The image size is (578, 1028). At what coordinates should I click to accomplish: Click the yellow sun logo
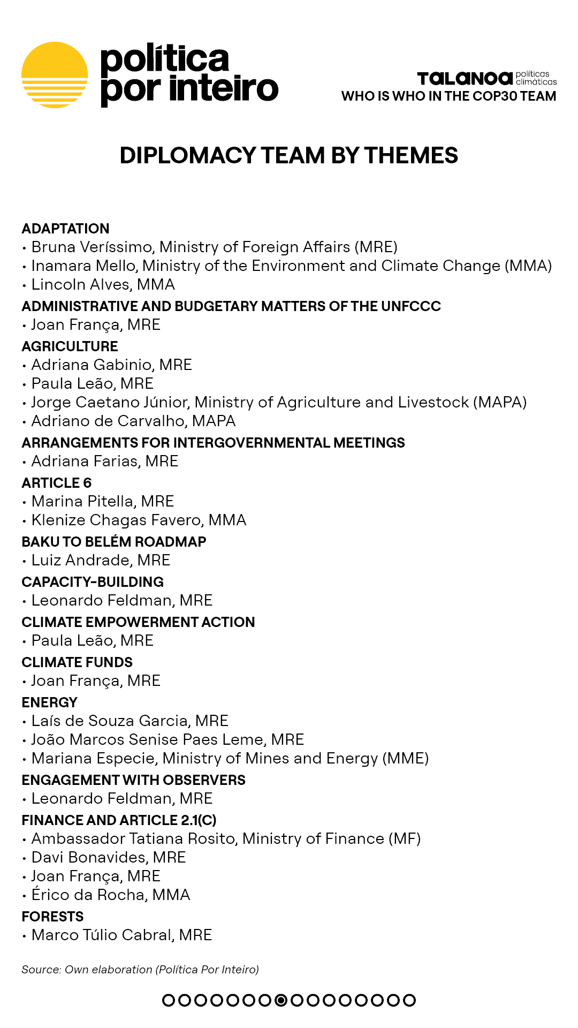(x=55, y=75)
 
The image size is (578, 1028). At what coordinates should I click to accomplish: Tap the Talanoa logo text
(x=465, y=79)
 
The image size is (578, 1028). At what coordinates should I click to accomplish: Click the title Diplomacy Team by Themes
(x=288, y=156)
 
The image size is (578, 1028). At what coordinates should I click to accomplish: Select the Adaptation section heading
(x=65, y=229)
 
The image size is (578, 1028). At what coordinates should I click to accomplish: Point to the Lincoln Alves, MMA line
(x=103, y=284)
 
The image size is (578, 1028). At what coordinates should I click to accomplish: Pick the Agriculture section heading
(x=70, y=346)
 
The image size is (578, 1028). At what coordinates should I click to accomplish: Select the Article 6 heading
(x=56, y=483)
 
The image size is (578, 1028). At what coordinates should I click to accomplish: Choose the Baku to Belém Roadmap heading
(x=113, y=542)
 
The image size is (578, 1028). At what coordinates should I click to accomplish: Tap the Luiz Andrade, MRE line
(x=101, y=560)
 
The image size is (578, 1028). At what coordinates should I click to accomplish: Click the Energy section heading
(x=49, y=702)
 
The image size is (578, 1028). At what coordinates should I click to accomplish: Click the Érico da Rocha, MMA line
(x=111, y=895)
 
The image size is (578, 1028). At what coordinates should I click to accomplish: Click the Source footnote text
(x=140, y=970)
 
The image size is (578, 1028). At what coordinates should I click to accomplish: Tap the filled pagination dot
(x=281, y=1000)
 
